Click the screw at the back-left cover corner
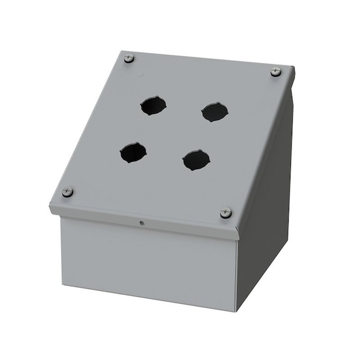tap(129, 58)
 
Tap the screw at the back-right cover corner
tap(275, 71)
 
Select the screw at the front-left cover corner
tap(67, 192)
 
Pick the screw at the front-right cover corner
tap(226, 212)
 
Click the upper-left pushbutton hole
tap(153, 106)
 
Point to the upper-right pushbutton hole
tap(214, 112)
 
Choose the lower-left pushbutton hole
tap(133, 152)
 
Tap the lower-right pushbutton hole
tap(196, 160)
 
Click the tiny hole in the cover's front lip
tap(142, 224)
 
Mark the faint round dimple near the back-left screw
tap(142, 76)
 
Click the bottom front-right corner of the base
tap(236, 311)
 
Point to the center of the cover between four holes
tap(174, 133)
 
